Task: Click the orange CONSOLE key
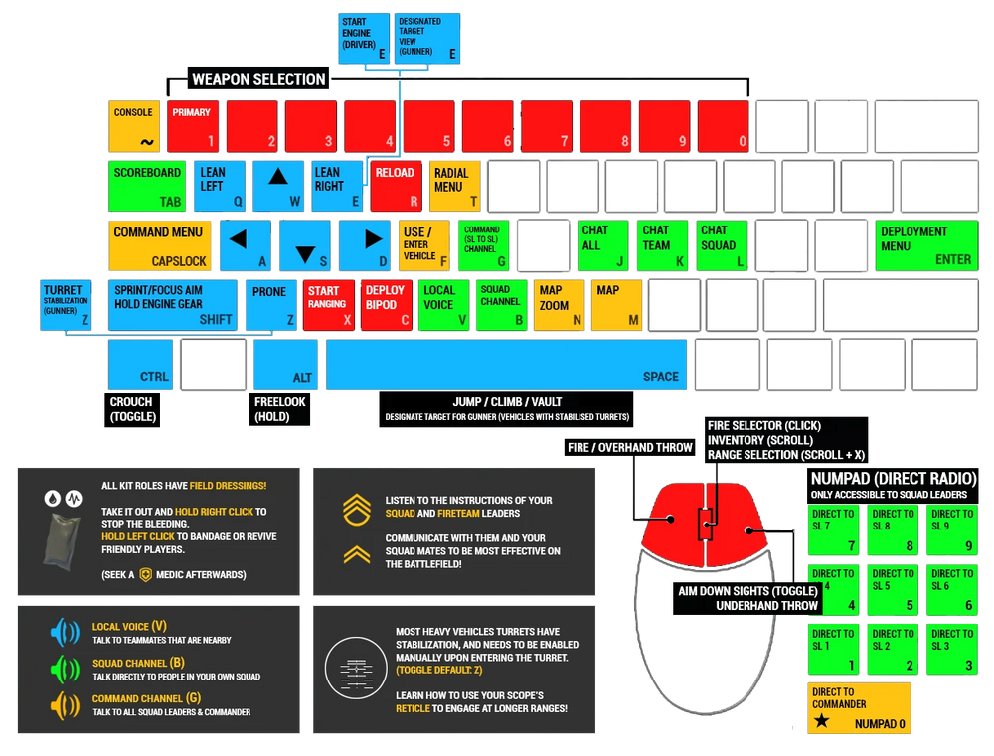pyautogui.click(x=134, y=126)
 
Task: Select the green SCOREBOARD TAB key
pyautogui.click(x=147, y=186)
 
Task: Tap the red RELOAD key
pyautogui.click(x=397, y=186)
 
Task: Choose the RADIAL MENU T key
pyautogui.click(x=455, y=186)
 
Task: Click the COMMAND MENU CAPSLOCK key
pyautogui.click(x=160, y=246)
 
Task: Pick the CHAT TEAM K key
pyautogui.click(x=662, y=246)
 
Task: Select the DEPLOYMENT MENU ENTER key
pyautogui.click(x=926, y=246)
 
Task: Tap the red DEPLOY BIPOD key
pyautogui.click(x=386, y=305)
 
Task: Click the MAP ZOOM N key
pyautogui.click(x=559, y=305)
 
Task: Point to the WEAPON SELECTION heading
pyautogui.click(x=258, y=79)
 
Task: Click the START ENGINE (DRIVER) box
pyautogui.click(x=364, y=39)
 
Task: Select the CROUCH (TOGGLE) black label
pyautogui.click(x=132, y=410)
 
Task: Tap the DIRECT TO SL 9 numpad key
pyautogui.click(x=952, y=529)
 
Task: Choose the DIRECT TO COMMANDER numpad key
pyautogui.click(x=859, y=708)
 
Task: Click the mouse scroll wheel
pyautogui.click(x=705, y=525)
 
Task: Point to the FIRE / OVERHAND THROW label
pyautogui.click(x=629, y=448)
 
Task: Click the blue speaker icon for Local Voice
pyautogui.click(x=65, y=633)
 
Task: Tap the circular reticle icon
pyautogui.click(x=356, y=668)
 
